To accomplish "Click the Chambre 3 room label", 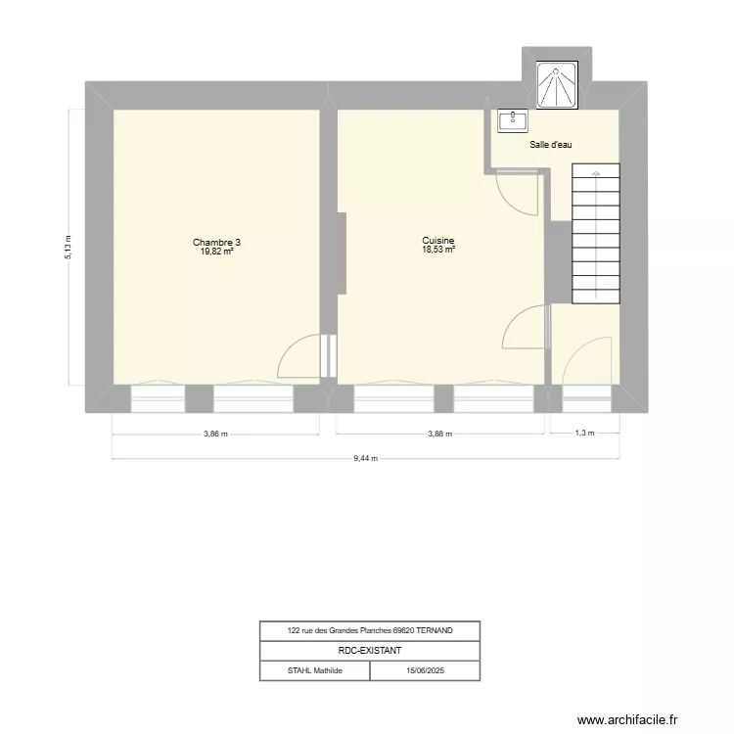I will point(216,242).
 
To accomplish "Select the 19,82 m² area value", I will point(216,252).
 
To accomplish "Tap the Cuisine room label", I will point(437,241).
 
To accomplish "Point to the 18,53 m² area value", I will point(437,251).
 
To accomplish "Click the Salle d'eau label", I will point(551,145).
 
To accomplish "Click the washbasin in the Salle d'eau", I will point(513,120).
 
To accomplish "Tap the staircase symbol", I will point(595,233).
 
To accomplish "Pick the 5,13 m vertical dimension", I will point(69,246).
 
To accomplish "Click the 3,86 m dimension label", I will point(216,436).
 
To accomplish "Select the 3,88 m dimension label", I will point(439,436).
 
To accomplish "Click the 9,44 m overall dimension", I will point(366,459).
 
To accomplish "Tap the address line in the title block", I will point(370,630).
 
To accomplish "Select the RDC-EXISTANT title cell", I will point(370,650).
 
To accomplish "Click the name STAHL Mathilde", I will point(314,670).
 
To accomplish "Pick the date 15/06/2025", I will point(425,670).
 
